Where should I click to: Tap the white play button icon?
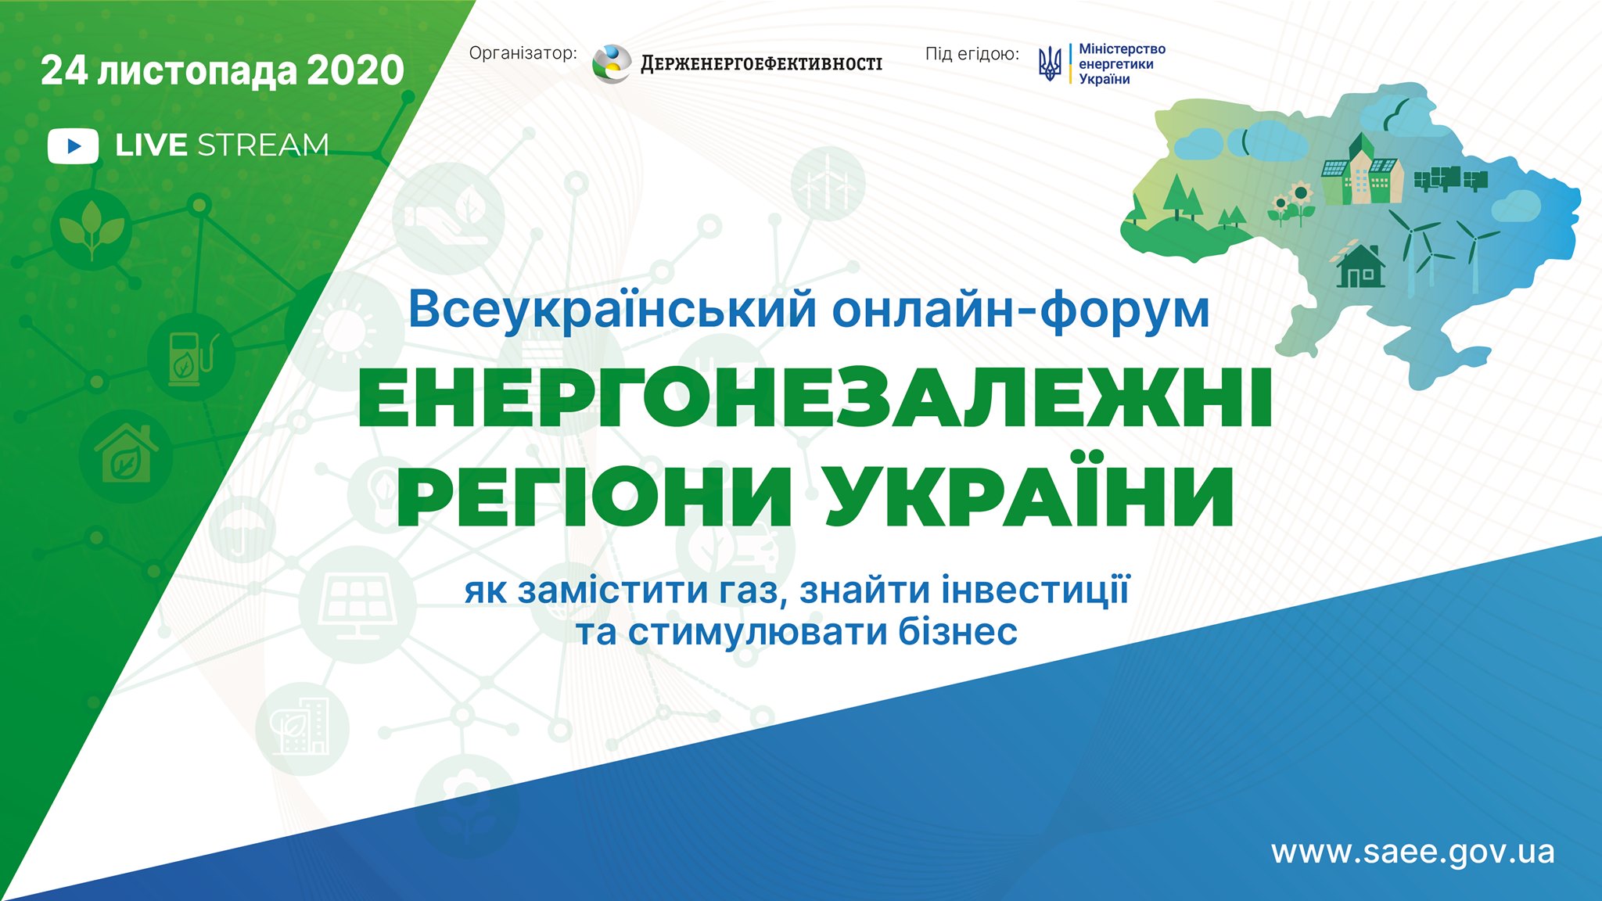click(x=73, y=146)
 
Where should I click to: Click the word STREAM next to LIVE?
click(x=263, y=145)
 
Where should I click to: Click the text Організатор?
click(x=523, y=53)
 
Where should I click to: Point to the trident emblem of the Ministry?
click(x=1050, y=63)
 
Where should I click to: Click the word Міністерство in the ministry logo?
click(x=1122, y=49)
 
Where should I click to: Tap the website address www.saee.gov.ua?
click(x=1413, y=853)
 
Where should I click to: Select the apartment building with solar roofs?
click(x=1362, y=170)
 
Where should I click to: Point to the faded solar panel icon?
click(x=357, y=604)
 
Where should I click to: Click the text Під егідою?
click(x=972, y=54)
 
